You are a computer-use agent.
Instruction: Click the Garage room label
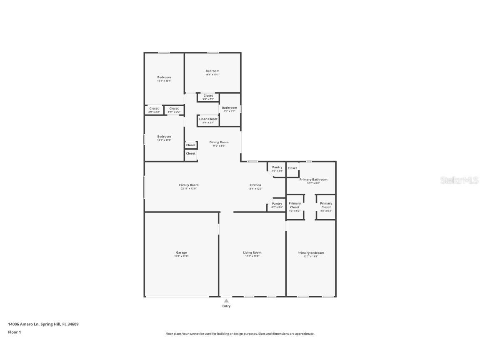[x=181, y=252]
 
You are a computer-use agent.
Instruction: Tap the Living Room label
[x=252, y=252]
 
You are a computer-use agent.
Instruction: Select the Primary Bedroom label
[x=310, y=253]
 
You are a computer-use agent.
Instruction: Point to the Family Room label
[x=189, y=185]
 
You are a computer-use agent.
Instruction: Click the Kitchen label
[x=255, y=185]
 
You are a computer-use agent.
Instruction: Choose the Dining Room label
[x=219, y=142]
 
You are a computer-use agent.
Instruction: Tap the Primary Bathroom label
[x=313, y=180]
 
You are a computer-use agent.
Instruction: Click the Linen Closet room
[x=208, y=120]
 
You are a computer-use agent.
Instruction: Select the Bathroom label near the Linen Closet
[x=229, y=107]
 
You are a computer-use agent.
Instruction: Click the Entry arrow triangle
[x=226, y=300]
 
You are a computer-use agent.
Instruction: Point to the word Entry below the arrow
[x=226, y=306]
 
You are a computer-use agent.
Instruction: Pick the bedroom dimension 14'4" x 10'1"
[x=212, y=75]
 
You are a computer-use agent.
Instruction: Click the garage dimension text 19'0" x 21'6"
[x=181, y=256]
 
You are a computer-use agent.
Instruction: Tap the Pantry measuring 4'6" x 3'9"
[x=277, y=169]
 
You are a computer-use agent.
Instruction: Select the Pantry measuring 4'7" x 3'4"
[x=277, y=205]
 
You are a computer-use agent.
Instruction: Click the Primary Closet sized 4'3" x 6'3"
[x=295, y=207]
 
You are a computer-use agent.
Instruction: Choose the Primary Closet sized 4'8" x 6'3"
[x=326, y=207]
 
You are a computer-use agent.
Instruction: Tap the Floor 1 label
[x=14, y=332]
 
